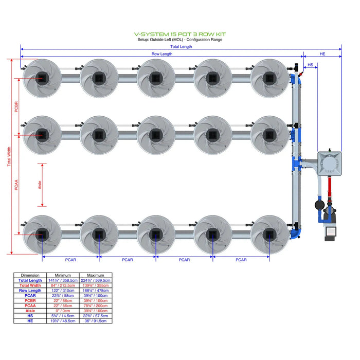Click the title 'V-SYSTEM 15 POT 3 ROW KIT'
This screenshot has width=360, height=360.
pos(179,34)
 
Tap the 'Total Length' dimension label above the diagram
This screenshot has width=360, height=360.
pos(181,47)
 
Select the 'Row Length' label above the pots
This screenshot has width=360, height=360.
pos(162,54)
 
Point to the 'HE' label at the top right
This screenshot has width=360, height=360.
pos(322,54)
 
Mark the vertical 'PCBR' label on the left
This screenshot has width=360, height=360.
pos(16,106)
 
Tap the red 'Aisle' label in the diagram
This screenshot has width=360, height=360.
pos(41,184)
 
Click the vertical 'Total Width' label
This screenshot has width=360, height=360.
pos(9,157)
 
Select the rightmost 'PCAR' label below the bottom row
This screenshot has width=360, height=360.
pos(241,260)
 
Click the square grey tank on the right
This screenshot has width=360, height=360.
pos(328,164)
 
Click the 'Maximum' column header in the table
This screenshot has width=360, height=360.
pos(96,275)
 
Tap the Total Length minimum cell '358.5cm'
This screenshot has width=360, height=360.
pos(63,280)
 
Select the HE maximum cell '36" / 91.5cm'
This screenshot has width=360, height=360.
pos(96,321)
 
